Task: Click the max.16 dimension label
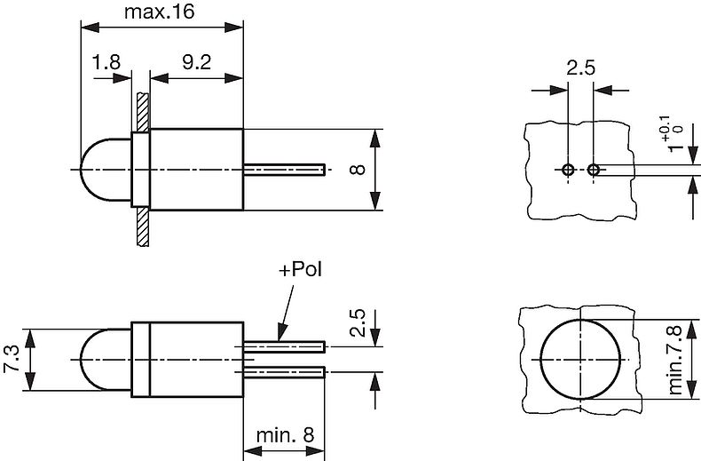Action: click(159, 12)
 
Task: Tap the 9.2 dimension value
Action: click(196, 64)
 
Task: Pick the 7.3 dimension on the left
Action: click(12, 359)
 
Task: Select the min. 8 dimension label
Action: click(285, 435)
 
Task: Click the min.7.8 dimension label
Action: click(677, 359)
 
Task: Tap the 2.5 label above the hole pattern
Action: click(581, 68)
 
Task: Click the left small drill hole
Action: click(568, 170)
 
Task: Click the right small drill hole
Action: click(594, 170)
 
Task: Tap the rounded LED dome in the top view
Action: click(105, 170)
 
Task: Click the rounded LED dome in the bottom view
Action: click(105, 359)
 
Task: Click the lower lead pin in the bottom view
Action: click(284, 370)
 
